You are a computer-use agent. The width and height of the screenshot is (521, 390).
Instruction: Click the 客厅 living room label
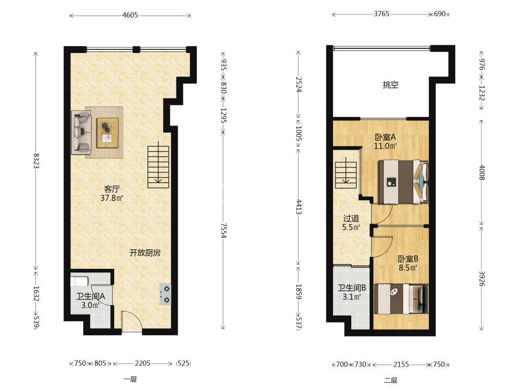click(x=111, y=189)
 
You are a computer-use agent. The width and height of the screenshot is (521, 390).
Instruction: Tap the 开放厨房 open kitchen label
click(x=145, y=253)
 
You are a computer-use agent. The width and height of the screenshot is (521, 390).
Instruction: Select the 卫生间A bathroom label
click(x=91, y=296)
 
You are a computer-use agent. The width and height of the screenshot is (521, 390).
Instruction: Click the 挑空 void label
click(x=390, y=85)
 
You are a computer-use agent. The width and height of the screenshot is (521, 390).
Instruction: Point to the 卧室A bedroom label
click(x=386, y=137)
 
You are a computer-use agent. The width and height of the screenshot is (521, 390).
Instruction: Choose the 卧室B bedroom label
click(x=408, y=258)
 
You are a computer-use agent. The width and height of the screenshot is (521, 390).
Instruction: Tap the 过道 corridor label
click(x=351, y=218)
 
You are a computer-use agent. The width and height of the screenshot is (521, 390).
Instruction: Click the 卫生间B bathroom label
click(x=352, y=288)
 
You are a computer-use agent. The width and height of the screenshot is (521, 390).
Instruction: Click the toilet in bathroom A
click(x=79, y=281)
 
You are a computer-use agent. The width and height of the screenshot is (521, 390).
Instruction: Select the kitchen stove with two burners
click(x=166, y=294)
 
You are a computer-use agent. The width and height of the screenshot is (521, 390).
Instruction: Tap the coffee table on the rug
click(x=107, y=133)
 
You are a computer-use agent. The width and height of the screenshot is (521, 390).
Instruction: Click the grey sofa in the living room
click(x=81, y=132)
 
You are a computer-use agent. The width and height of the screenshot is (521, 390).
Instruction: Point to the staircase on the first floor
click(x=158, y=165)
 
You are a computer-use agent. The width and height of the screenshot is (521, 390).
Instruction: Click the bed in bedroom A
click(x=403, y=181)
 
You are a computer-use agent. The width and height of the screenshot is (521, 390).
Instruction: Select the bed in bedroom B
click(x=401, y=299)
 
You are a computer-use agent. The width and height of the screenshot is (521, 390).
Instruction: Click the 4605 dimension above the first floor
click(x=130, y=15)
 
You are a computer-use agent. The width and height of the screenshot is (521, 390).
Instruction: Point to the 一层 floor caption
click(x=130, y=380)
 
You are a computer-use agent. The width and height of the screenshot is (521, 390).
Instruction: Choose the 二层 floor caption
click(x=391, y=380)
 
